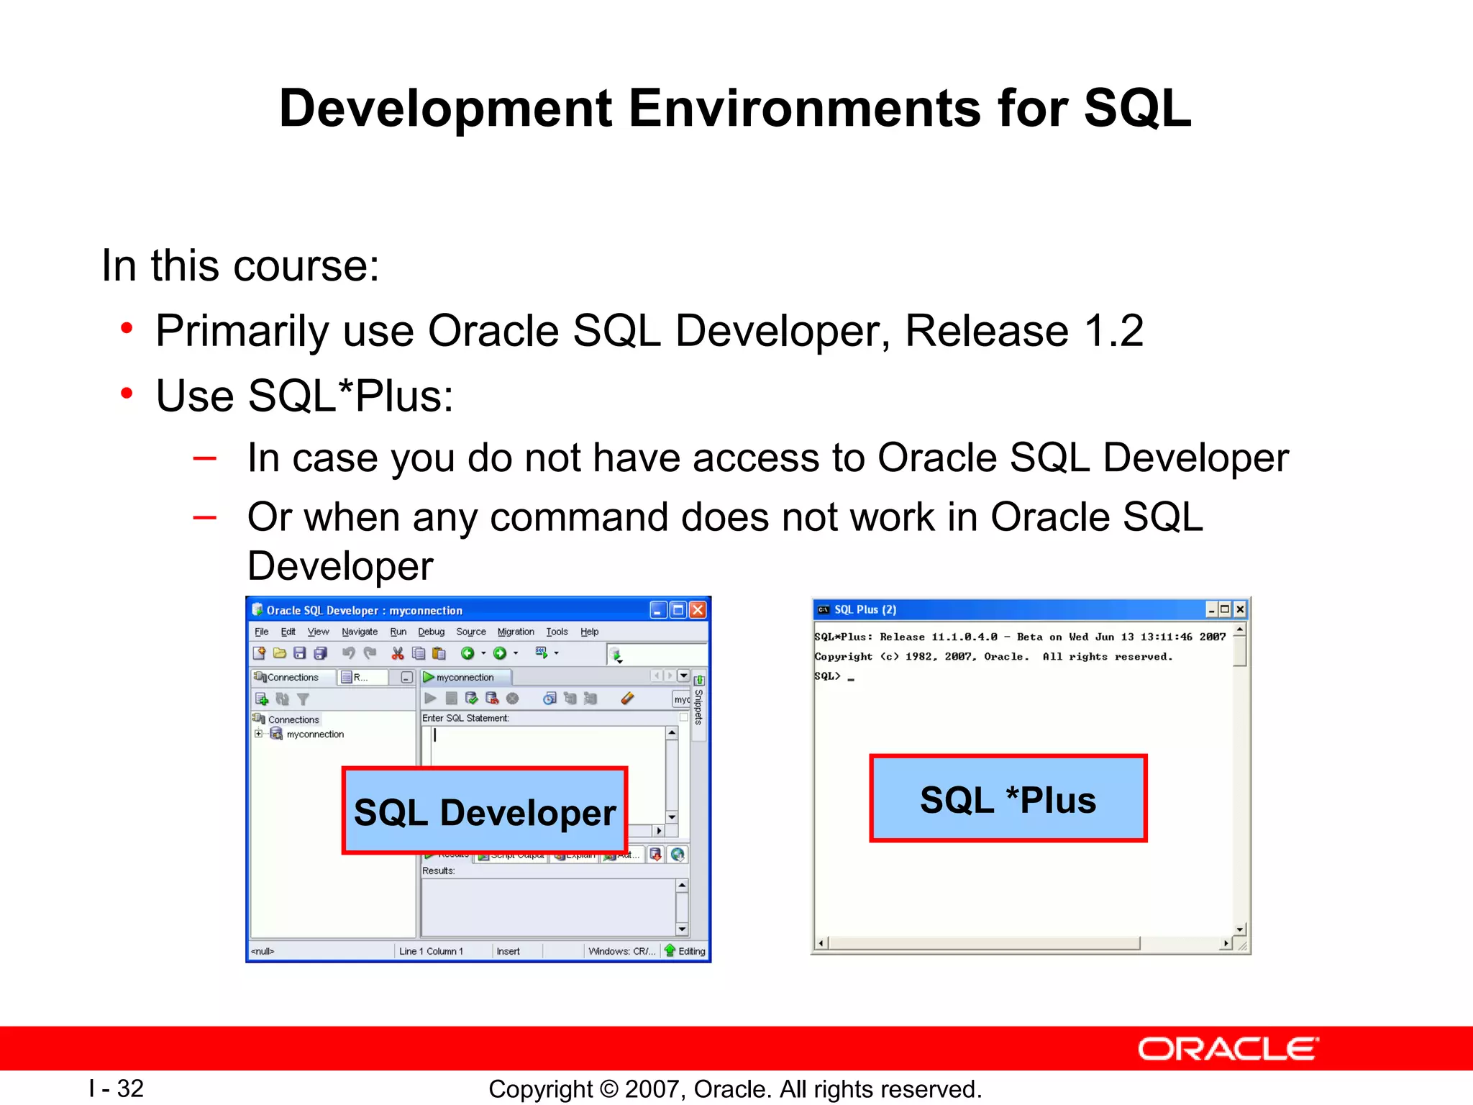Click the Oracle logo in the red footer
pyautogui.click(x=1228, y=1050)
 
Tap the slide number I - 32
pyautogui.click(x=117, y=1088)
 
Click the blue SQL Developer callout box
pyautogui.click(x=485, y=811)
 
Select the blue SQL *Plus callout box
pyautogui.click(x=1008, y=799)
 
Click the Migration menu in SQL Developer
pyautogui.click(x=516, y=632)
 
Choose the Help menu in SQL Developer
pyautogui.click(x=589, y=632)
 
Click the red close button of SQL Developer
pyautogui.click(x=698, y=610)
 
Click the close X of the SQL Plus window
pyautogui.click(x=1240, y=609)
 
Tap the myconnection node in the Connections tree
pyautogui.click(x=314, y=735)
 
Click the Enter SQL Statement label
pyautogui.click(x=465, y=718)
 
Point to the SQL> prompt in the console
pyautogui.click(x=827, y=676)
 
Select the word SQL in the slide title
pyautogui.click(x=1138, y=109)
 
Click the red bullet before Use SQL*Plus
pyautogui.click(x=127, y=394)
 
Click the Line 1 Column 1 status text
pyautogui.click(x=431, y=951)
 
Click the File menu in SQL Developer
pyautogui.click(x=261, y=632)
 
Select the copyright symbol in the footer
pyautogui.click(x=608, y=1089)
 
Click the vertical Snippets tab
pyautogui.click(x=698, y=706)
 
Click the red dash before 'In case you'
pyautogui.click(x=205, y=458)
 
